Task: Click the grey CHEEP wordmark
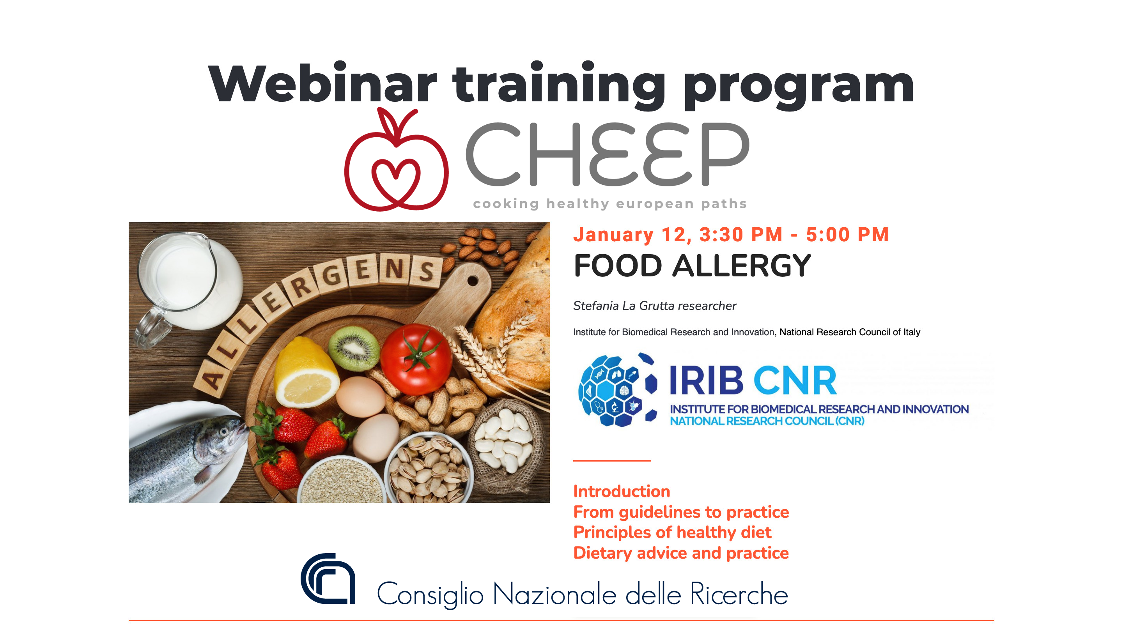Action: [x=607, y=154]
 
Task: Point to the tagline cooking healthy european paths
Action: [x=610, y=203]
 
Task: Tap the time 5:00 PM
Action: [x=847, y=234]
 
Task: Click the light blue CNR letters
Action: [x=795, y=380]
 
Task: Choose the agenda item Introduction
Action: [x=622, y=492]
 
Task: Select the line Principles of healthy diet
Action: [x=672, y=533]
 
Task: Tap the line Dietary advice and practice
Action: [x=681, y=553]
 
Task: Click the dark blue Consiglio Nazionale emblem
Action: [x=328, y=579]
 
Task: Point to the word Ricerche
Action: [x=739, y=594]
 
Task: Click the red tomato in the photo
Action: [x=416, y=359]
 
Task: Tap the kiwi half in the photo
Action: [x=354, y=348]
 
